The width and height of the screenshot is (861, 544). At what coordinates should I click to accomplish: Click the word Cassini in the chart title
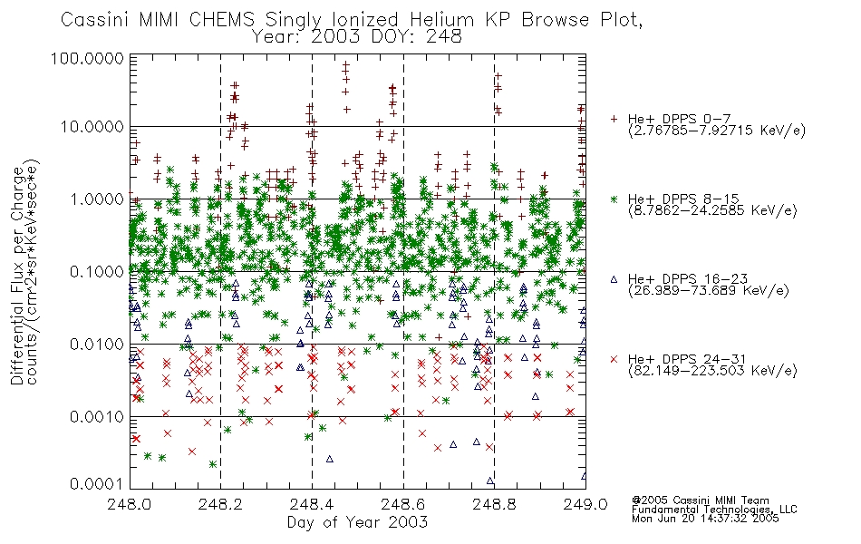[95, 20]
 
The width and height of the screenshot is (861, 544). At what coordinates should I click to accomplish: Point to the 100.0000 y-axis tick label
[88, 58]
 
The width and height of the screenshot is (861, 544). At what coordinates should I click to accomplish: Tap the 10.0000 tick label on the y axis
[92, 127]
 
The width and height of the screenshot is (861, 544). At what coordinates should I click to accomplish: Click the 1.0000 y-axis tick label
[97, 199]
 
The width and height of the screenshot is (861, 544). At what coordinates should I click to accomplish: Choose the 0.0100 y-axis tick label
[97, 345]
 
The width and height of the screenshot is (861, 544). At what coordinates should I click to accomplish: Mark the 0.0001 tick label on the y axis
[97, 484]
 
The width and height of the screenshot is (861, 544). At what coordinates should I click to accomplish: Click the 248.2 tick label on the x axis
[221, 504]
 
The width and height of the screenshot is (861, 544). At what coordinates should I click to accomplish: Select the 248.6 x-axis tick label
[403, 504]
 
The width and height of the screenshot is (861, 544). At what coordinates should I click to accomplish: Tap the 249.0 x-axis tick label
[585, 504]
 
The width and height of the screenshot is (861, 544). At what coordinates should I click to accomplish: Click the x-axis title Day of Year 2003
[357, 522]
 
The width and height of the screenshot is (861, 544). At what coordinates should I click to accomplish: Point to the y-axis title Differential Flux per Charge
[18, 276]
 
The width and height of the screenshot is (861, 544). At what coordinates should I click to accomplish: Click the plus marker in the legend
[614, 119]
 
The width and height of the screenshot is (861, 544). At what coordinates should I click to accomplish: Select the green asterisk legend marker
[614, 199]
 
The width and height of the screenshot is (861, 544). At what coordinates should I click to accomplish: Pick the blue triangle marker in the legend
[614, 279]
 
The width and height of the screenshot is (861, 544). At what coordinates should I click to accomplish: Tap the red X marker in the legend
[614, 359]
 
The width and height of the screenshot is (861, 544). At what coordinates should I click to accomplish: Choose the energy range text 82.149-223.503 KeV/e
[712, 371]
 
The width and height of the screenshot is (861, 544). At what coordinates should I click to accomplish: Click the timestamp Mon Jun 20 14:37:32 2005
[705, 519]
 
